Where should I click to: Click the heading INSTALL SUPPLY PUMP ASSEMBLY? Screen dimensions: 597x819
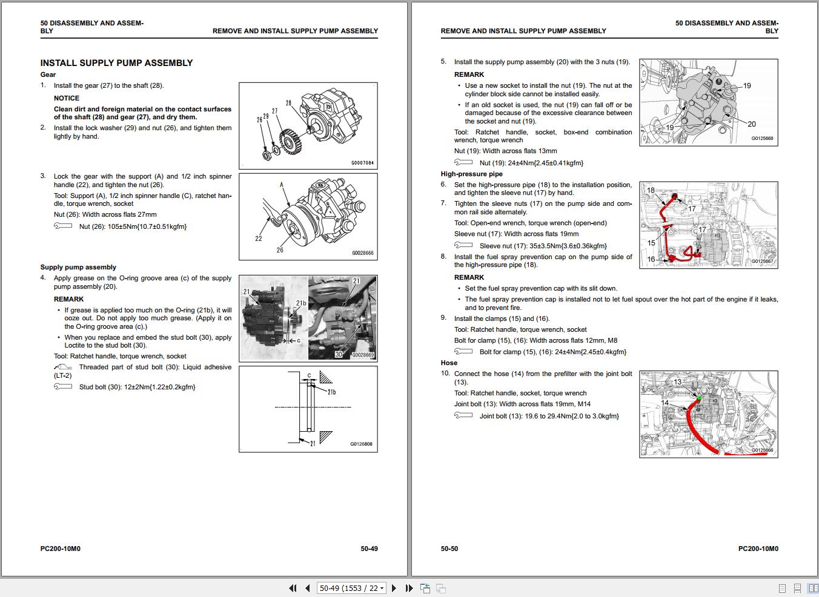point(116,63)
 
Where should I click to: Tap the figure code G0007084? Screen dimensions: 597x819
point(362,163)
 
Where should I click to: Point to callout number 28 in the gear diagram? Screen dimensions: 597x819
point(288,103)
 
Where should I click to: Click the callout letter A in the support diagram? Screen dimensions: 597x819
point(282,185)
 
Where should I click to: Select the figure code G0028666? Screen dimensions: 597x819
point(362,253)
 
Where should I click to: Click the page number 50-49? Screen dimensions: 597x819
point(369,549)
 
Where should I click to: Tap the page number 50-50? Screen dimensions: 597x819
point(449,549)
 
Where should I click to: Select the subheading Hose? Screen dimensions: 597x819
point(449,363)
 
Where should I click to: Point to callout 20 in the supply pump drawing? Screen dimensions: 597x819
point(751,124)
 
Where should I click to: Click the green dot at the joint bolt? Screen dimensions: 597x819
point(698,398)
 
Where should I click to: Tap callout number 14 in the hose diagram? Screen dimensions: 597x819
point(665,403)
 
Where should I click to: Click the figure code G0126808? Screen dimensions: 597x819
point(361,444)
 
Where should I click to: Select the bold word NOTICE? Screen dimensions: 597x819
point(67,98)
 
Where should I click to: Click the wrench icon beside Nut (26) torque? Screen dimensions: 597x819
point(62,226)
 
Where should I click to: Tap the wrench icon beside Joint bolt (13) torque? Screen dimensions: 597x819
point(463,415)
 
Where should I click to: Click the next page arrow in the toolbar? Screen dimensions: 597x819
point(394,588)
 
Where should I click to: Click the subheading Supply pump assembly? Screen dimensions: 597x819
point(78,267)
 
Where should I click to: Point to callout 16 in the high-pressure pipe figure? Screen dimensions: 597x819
point(651,259)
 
